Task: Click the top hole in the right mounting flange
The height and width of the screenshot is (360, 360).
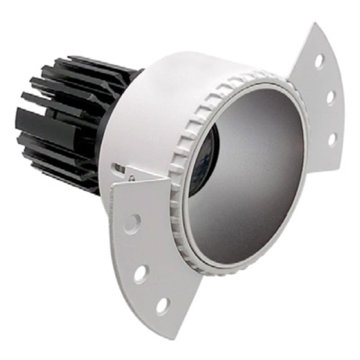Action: point(319,61)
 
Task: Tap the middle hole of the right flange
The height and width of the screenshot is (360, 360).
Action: point(331,97)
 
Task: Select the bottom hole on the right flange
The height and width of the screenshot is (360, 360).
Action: point(332,138)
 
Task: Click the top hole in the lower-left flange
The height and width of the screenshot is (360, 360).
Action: point(132,223)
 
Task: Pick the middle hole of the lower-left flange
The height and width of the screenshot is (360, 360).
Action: point(140,274)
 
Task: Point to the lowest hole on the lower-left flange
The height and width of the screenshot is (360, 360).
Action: point(162,306)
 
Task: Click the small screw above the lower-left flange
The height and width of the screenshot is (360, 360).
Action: point(132,178)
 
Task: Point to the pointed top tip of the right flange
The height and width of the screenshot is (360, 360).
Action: point(313,24)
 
